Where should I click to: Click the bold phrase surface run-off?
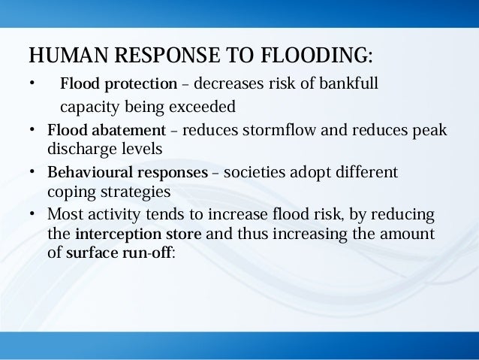[120, 253]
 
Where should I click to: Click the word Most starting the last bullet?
[65, 215]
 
